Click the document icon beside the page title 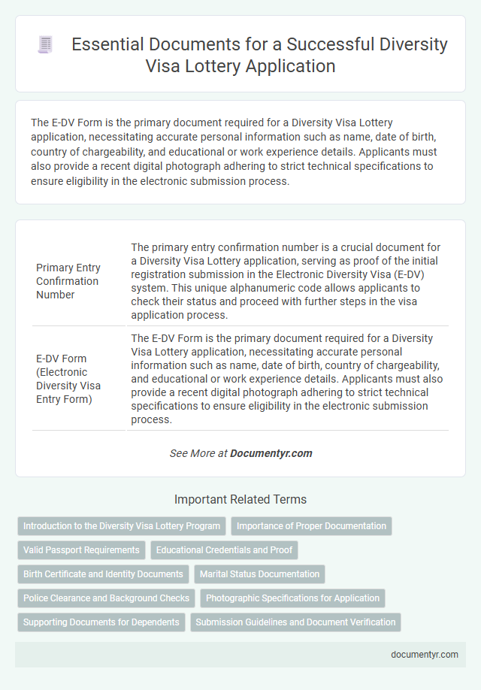[x=44, y=45]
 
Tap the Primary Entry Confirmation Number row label [x=68, y=281]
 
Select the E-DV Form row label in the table [x=68, y=377]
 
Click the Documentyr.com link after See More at [x=271, y=453]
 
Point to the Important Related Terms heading [x=240, y=499]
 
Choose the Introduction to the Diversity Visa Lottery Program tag [x=122, y=526]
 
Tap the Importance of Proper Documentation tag [x=312, y=526]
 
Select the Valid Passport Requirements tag [x=81, y=550]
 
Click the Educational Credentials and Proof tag [x=225, y=550]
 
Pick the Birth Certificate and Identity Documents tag [x=103, y=574]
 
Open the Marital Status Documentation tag [x=259, y=574]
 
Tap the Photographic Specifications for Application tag [x=292, y=598]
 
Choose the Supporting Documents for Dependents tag [x=101, y=622]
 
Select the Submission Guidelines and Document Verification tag [x=295, y=622]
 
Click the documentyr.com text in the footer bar [x=425, y=654]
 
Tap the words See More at [x=198, y=453]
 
